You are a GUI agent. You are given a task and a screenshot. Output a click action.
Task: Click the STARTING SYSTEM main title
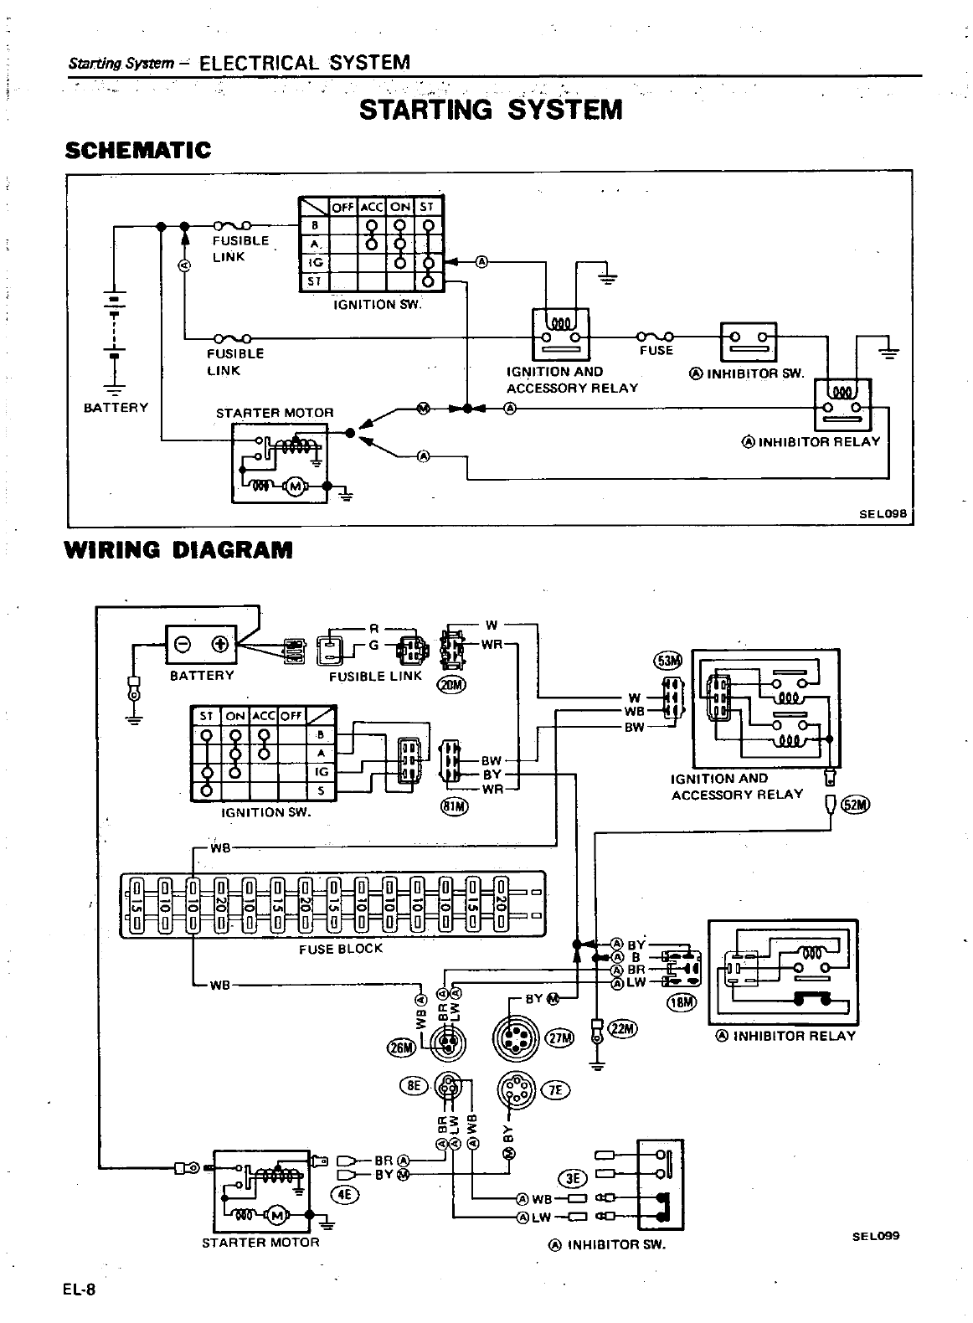(491, 110)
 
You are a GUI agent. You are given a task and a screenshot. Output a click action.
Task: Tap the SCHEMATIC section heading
(138, 151)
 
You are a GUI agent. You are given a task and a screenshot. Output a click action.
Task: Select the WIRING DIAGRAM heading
(178, 550)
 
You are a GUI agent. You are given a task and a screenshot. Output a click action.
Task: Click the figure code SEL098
(883, 514)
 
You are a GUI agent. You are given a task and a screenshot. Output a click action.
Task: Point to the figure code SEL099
(876, 1235)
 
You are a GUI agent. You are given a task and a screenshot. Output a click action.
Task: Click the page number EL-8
(80, 1290)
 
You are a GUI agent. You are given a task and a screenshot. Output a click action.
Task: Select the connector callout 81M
(455, 806)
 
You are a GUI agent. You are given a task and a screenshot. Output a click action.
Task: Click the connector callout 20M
(451, 686)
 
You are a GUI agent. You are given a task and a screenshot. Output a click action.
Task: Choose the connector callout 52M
(857, 805)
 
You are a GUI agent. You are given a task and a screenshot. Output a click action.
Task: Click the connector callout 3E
(574, 1178)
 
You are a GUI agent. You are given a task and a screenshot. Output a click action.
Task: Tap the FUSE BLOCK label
(340, 949)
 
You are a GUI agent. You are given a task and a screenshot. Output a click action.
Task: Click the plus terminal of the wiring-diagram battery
(221, 644)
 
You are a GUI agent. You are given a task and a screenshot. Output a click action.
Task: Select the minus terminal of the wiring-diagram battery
(183, 644)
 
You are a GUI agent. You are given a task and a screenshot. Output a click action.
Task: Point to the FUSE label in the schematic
(656, 351)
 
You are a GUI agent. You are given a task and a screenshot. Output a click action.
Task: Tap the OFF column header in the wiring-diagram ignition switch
(291, 716)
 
